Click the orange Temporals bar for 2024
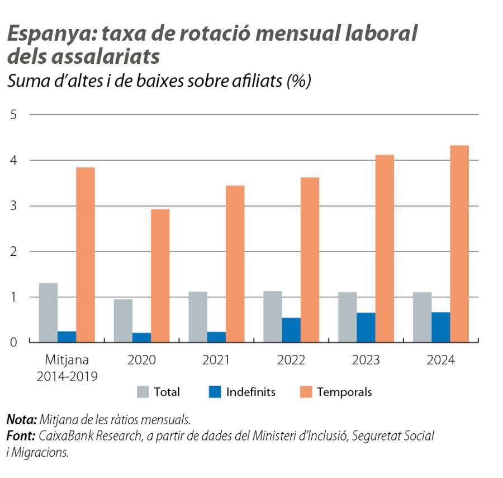[459, 243]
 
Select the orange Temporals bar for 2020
[160, 275]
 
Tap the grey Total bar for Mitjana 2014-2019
[48, 312]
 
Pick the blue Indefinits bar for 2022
[291, 330]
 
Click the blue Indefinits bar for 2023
[366, 327]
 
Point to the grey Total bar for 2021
[198, 316]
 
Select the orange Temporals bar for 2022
[310, 260]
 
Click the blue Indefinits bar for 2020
[141, 337]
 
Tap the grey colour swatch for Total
[143, 392]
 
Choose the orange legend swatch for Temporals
[306, 392]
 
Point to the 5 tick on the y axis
[13, 115]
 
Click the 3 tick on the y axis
[13, 206]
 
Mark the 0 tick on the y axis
[13, 343]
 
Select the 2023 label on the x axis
[366, 360]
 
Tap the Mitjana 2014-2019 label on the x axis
[67, 368]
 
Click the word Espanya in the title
[46, 35]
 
